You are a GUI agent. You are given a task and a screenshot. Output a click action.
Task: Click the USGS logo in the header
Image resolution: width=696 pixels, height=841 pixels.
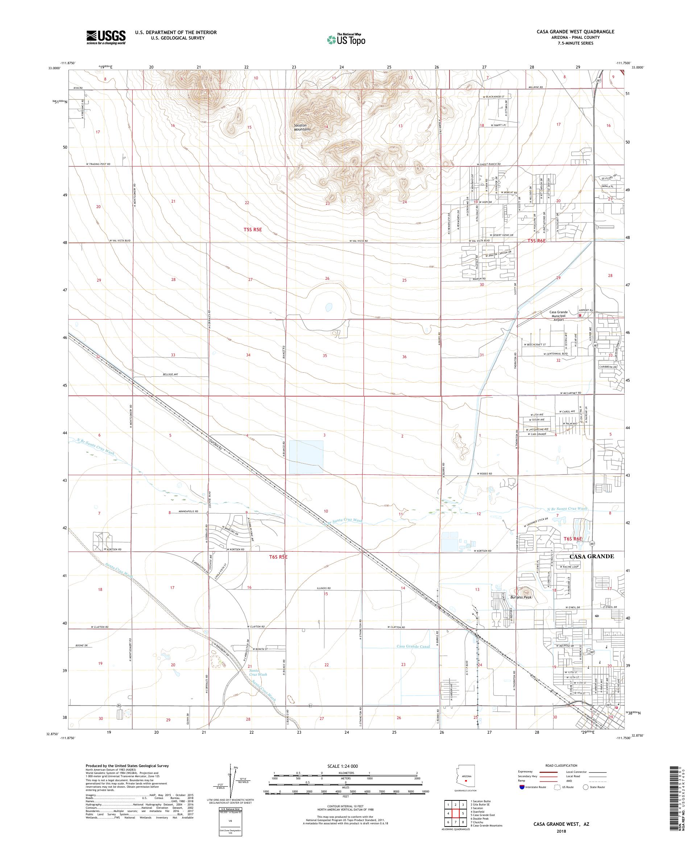[x=106, y=37]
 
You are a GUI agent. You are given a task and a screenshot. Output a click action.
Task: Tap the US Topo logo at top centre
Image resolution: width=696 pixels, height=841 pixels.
[x=346, y=39]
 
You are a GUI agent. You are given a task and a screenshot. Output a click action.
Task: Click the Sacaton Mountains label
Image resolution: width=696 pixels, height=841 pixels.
[x=302, y=127]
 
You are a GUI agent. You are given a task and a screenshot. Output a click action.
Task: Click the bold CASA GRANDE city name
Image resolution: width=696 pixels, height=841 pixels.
[x=592, y=557]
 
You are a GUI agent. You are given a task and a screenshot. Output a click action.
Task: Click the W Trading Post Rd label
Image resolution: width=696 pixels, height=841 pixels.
[x=98, y=164]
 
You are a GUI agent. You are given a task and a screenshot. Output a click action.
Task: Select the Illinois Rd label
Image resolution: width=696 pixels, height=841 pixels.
[x=324, y=588]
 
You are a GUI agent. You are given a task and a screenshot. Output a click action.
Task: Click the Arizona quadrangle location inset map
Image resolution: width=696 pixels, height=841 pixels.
[x=466, y=779]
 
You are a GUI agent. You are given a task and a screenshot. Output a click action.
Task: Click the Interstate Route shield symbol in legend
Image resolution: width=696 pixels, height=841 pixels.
[x=522, y=787]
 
